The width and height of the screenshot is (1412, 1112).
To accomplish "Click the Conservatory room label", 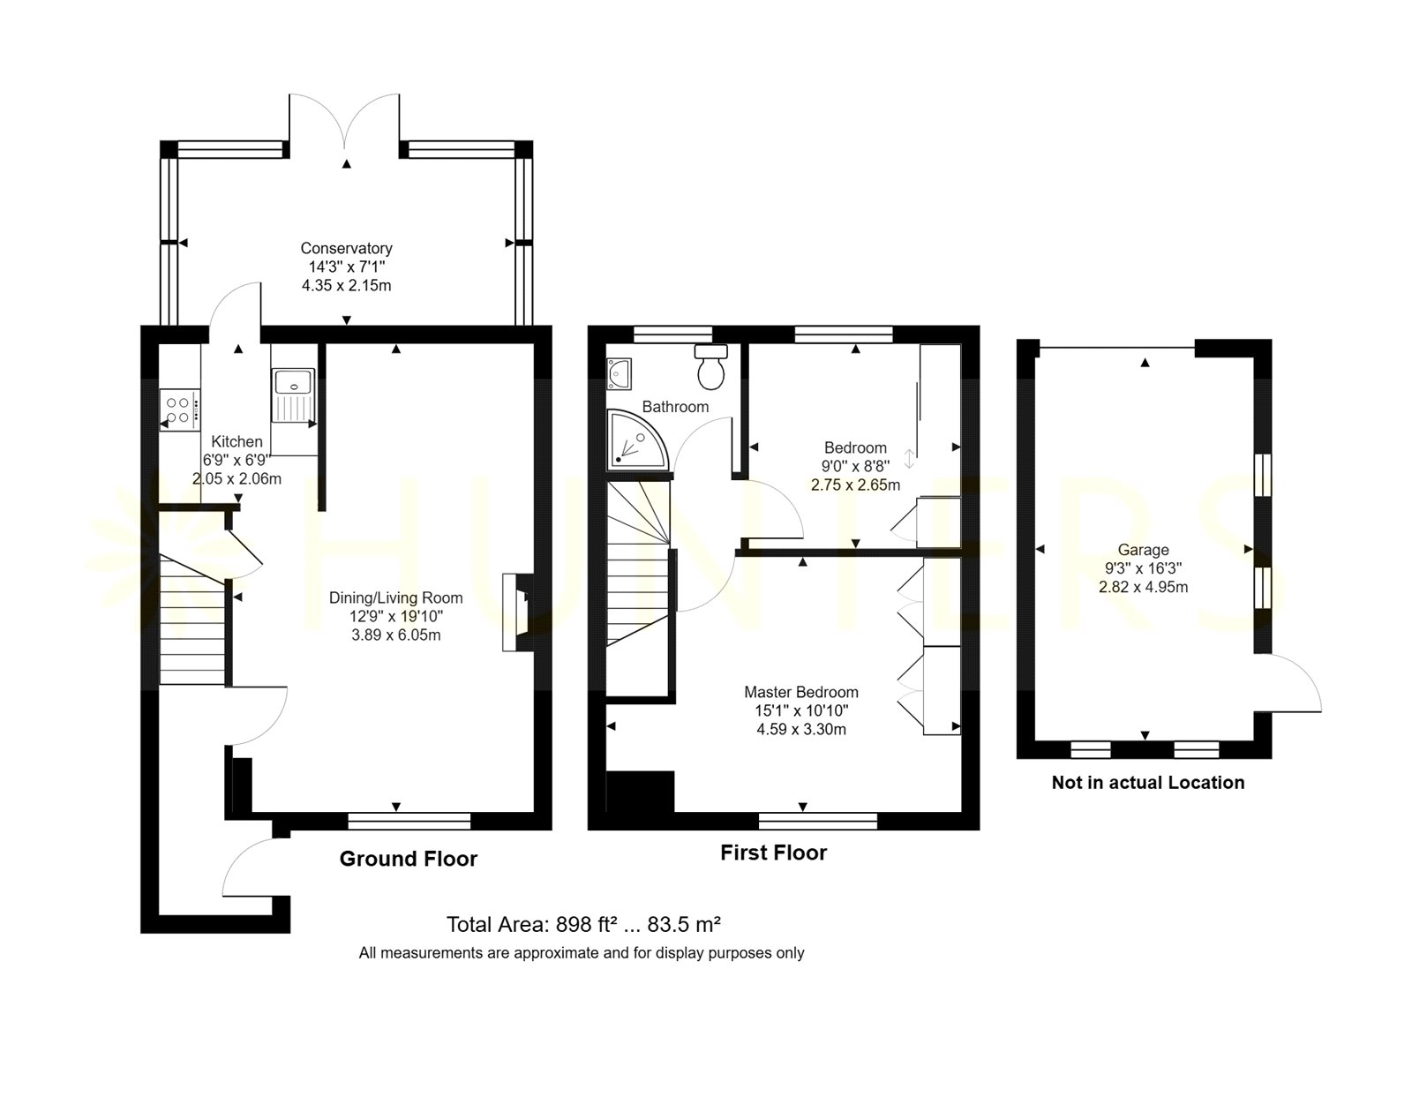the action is pyautogui.click(x=347, y=248).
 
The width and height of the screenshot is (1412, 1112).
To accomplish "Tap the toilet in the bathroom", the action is pyautogui.click(x=710, y=367).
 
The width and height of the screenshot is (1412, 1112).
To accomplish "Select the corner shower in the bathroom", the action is pyautogui.click(x=636, y=440).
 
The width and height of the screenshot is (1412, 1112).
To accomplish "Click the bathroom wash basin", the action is pyautogui.click(x=619, y=374).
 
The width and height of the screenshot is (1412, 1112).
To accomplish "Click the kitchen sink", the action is pyautogui.click(x=293, y=396).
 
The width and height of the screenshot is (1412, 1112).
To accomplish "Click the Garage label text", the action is pyautogui.click(x=1144, y=550).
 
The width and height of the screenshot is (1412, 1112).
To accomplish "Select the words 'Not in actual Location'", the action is pyautogui.click(x=1148, y=783).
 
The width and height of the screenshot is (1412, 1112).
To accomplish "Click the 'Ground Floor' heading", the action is pyautogui.click(x=408, y=859).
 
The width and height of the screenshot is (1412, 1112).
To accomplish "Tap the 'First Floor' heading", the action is pyautogui.click(x=774, y=853).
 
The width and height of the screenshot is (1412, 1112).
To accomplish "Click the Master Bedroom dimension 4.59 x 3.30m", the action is pyautogui.click(x=801, y=729).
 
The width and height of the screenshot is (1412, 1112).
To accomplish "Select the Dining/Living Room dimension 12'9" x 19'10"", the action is pyautogui.click(x=396, y=616).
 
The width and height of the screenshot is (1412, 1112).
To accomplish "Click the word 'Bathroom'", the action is pyautogui.click(x=675, y=407).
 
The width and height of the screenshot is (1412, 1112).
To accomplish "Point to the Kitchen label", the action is pyautogui.click(x=237, y=442).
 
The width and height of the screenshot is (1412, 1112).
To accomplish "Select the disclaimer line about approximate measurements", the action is pyautogui.click(x=582, y=953).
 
